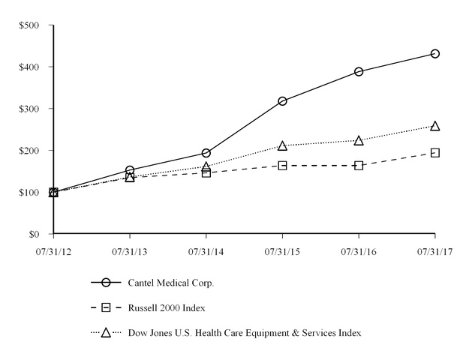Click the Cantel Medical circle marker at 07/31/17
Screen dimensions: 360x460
(435, 54)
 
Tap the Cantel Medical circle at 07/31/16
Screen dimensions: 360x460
(359, 72)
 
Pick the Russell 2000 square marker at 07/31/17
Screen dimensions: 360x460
(435, 153)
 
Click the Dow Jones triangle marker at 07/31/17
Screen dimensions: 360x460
(435, 126)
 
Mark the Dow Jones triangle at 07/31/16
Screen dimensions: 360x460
(359, 140)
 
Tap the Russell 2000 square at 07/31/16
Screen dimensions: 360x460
(359, 165)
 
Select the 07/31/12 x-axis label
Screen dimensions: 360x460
(53, 253)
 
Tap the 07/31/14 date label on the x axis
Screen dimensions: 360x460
(206, 253)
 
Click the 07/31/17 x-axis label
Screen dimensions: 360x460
(435, 253)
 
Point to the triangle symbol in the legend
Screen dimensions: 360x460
(106, 332)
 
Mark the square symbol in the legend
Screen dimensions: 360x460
(106, 307)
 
